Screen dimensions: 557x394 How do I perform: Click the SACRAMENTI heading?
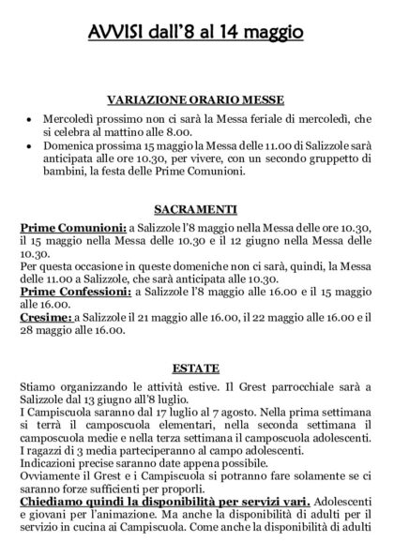196,209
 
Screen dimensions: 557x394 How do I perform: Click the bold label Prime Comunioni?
72,227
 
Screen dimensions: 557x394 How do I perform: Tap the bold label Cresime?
47,319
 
